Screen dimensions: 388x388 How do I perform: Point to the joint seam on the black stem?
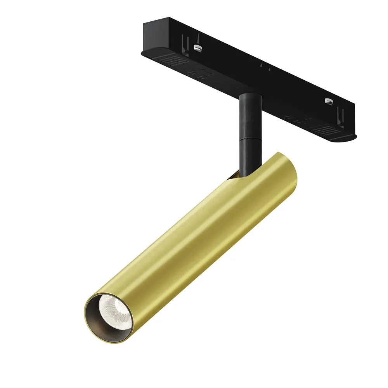tap(249, 137)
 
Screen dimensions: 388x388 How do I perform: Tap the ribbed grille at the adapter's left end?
tap(173, 61)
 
